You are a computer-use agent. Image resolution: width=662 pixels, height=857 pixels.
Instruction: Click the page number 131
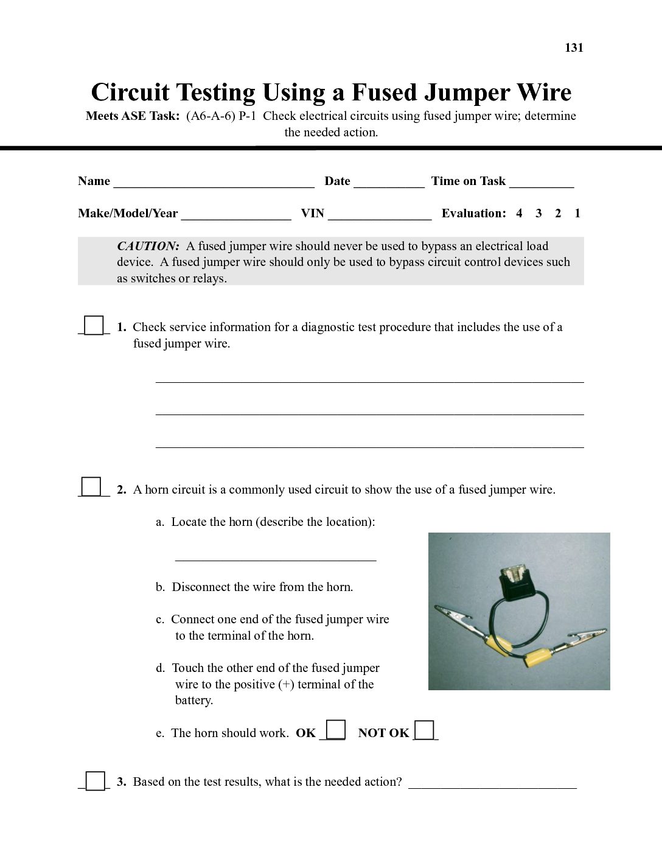click(x=574, y=48)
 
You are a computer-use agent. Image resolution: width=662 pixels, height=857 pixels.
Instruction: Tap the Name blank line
click(x=214, y=183)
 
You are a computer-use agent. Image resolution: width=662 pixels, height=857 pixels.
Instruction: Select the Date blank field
click(x=389, y=183)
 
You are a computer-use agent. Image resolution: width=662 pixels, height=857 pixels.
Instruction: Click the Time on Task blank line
click(x=542, y=183)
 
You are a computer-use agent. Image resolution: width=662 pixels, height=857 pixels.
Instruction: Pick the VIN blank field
click(x=380, y=215)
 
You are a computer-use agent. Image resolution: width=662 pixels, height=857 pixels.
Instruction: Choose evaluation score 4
click(x=519, y=214)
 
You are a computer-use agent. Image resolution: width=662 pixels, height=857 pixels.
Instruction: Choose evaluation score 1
click(x=577, y=214)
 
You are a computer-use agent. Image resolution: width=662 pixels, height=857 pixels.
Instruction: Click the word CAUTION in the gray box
click(x=148, y=247)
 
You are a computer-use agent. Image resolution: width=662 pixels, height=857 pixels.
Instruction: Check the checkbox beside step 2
click(x=91, y=487)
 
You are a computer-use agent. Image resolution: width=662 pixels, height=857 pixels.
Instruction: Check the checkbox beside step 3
click(x=95, y=780)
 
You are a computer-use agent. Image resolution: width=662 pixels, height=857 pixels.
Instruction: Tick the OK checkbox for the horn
click(x=336, y=729)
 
